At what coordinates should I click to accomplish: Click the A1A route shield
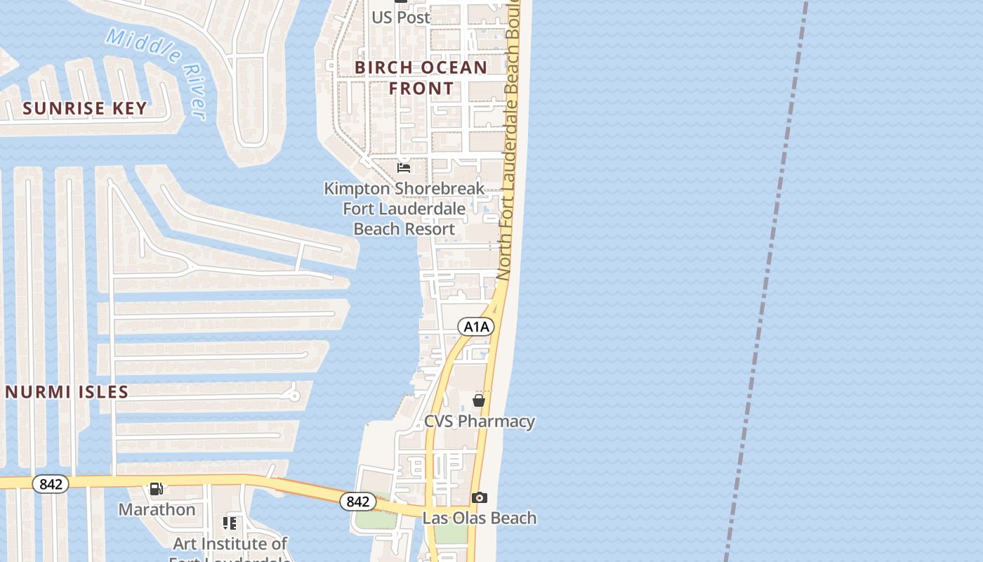(476, 326)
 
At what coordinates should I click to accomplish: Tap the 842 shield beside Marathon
(51, 484)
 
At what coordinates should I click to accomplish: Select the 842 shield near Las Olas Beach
(358, 502)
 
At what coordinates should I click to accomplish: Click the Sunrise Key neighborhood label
(85, 108)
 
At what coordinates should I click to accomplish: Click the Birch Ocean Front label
(421, 78)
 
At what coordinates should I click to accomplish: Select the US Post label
(401, 17)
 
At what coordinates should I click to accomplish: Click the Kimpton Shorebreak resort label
(404, 209)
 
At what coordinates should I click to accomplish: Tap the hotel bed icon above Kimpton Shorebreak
(404, 168)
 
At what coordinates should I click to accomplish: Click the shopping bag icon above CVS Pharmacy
(479, 400)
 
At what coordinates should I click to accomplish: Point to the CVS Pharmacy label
(480, 421)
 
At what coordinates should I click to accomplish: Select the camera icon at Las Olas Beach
(480, 497)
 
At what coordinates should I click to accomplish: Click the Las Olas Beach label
(480, 518)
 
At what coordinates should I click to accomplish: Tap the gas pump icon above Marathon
(157, 489)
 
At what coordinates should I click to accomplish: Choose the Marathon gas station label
(157, 509)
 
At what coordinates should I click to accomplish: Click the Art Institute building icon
(230, 523)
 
